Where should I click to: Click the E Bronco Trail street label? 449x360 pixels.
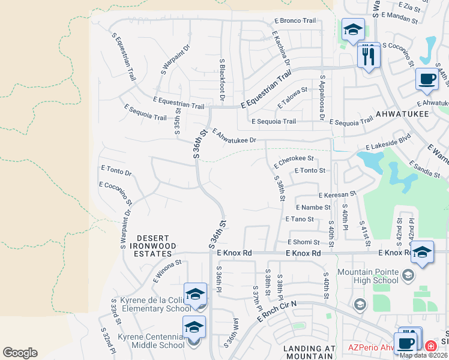(x=294, y=20)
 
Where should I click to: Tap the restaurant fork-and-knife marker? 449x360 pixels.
(x=368, y=55)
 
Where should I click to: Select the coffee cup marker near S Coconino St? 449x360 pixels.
(x=427, y=80)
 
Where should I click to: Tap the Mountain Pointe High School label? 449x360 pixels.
(x=368, y=276)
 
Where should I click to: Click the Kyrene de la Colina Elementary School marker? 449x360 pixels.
(x=195, y=295)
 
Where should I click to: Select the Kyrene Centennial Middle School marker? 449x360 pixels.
(x=194, y=328)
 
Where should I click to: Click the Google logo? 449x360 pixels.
(x=20, y=353)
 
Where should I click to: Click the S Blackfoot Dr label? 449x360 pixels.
(x=222, y=79)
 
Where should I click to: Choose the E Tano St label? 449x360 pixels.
(x=300, y=219)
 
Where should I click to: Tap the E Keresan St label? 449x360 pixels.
(x=337, y=194)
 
